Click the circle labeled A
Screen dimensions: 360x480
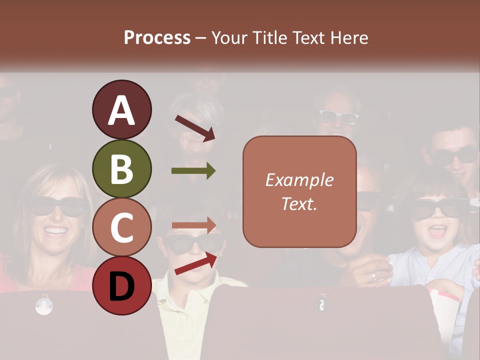tap(121, 109)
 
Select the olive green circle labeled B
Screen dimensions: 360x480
tap(121, 168)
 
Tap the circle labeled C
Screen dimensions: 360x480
tap(121, 227)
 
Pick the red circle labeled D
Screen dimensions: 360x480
tap(121, 285)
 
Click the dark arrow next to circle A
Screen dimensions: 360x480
tap(195, 128)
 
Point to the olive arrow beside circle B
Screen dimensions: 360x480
tap(193, 171)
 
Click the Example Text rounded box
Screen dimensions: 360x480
tap(299, 191)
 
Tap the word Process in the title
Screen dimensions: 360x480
tap(157, 37)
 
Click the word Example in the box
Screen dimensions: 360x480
tap(299, 180)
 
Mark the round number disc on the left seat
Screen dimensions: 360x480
tap(44, 305)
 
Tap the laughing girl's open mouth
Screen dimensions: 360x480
tap(438, 231)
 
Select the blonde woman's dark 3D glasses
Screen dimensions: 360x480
tap(56, 205)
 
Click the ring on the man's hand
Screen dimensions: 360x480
tap(374, 275)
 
